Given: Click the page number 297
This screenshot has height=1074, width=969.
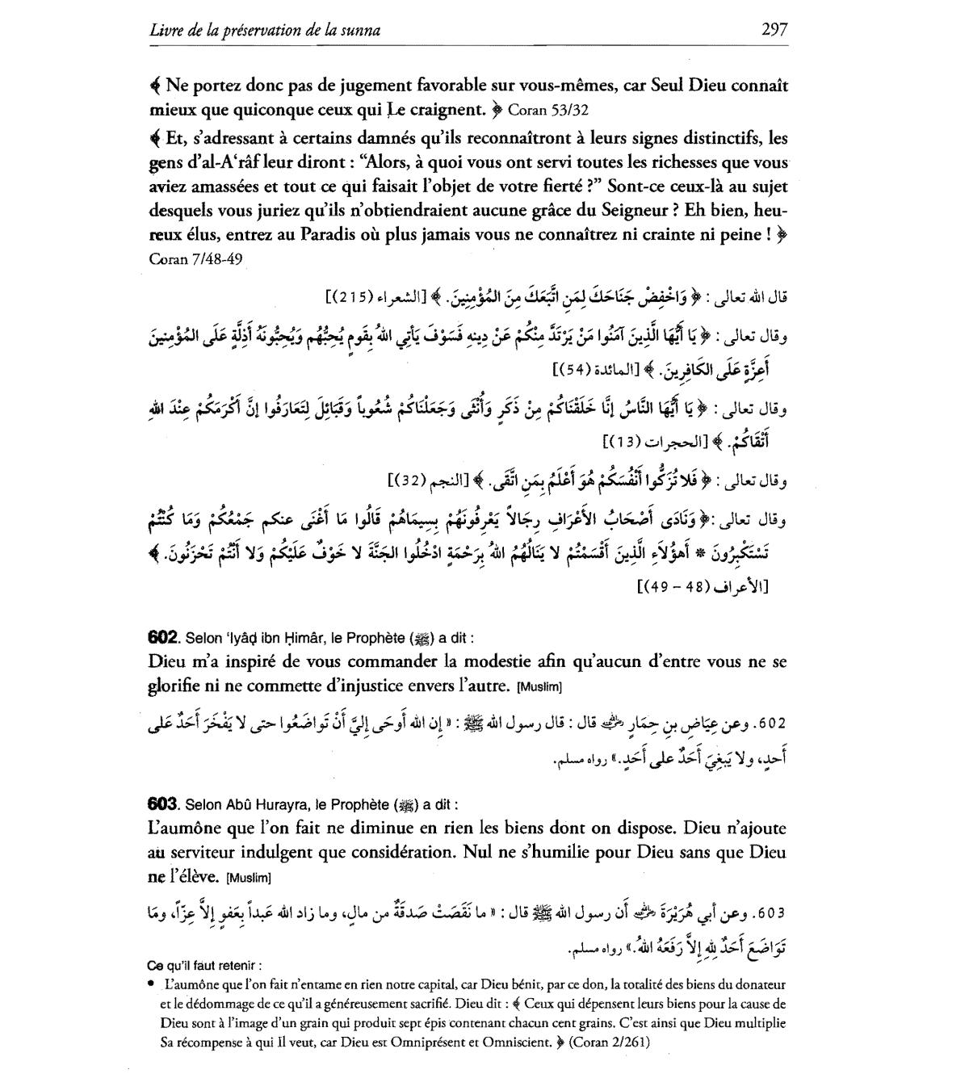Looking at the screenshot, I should click(x=774, y=30).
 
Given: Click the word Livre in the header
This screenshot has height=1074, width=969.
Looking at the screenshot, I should click(x=166, y=31).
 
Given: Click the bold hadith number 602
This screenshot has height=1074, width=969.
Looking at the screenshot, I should click(x=163, y=637).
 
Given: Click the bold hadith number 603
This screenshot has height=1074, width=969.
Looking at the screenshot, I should click(x=163, y=804).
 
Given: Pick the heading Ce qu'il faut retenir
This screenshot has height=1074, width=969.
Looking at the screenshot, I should click(x=205, y=966).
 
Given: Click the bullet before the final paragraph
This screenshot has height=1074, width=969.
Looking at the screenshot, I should click(x=153, y=984).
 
